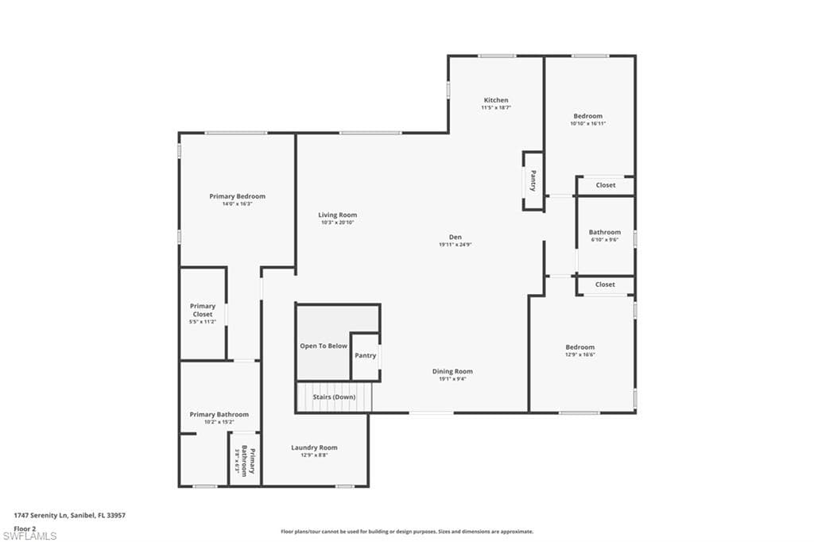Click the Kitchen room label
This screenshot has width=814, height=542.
click(496, 100)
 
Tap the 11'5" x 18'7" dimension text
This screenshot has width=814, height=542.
click(496, 107)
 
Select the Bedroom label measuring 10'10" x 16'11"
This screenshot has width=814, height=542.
click(587, 116)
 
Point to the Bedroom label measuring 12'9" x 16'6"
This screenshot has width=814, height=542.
click(579, 347)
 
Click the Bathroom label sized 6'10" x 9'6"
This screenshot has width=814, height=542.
click(605, 232)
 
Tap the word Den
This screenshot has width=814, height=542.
click(455, 237)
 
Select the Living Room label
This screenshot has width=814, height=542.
click(337, 215)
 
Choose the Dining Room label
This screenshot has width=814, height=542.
click(452, 371)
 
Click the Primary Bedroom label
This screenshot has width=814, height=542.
click(237, 196)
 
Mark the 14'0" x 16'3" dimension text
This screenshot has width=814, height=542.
click(237, 204)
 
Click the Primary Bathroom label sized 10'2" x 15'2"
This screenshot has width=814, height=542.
click(219, 414)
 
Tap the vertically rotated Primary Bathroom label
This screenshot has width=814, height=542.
click(249, 463)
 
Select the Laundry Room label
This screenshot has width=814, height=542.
click(314, 447)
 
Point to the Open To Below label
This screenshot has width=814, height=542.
click(324, 346)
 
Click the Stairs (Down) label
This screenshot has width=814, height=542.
click(334, 397)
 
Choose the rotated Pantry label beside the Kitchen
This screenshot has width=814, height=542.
click(533, 181)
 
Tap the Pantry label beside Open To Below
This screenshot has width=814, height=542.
click(365, 355)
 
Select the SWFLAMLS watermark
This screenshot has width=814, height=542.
click(30, 536)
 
